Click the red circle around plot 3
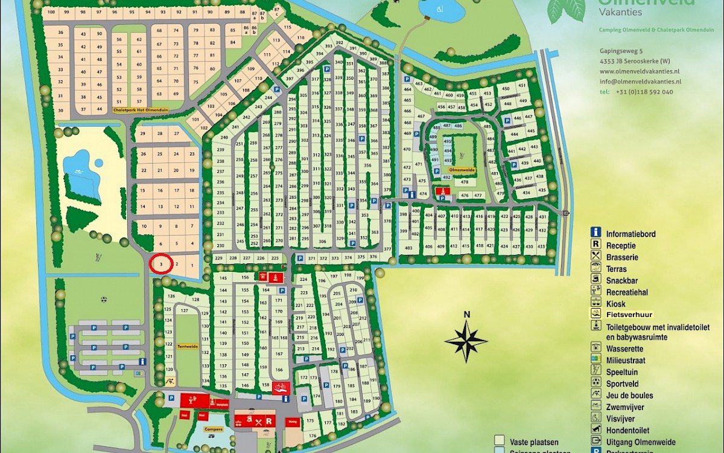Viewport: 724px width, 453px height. click(161, 265)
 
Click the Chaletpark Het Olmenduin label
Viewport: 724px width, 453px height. click(141, 111)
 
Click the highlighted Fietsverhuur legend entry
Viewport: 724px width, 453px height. click(630, 314)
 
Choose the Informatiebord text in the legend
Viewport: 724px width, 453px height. click(631, 234)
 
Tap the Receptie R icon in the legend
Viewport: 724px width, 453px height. click(596, 245)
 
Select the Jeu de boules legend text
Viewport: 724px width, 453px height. click(629, 396)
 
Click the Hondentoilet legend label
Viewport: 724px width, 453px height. click(629, 430)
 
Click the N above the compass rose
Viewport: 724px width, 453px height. click(466, 314)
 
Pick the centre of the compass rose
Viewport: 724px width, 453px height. click(466, 341)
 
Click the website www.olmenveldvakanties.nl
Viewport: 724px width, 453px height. click(643, 71)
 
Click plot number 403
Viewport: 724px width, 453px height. click(408, 248)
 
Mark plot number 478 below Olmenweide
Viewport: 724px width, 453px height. click(465, 182)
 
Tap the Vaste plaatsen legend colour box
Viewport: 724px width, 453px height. click(499, 440)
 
